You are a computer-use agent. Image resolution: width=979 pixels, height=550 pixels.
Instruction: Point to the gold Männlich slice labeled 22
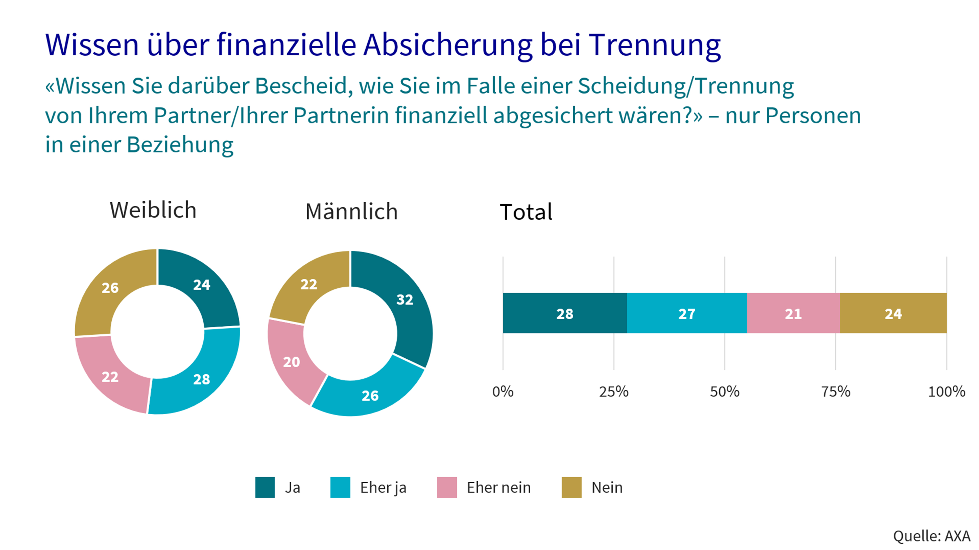pos(309,284)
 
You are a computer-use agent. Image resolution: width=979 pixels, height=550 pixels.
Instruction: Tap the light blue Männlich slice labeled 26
pos(370,396)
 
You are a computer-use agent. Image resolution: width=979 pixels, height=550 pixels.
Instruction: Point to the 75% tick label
pos(835,391)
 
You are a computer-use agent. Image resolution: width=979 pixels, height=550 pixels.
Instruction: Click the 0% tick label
pos(502,391)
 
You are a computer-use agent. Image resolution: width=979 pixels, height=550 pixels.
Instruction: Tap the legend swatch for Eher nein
pos(447,487)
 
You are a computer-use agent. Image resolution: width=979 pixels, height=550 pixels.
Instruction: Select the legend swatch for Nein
pos(571,487)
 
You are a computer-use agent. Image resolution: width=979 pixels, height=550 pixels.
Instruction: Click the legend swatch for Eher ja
pos(340,487)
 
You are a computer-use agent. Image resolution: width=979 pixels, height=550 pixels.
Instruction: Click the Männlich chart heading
pos(351,211)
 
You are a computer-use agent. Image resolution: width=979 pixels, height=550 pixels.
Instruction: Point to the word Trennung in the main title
pos(654,45)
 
